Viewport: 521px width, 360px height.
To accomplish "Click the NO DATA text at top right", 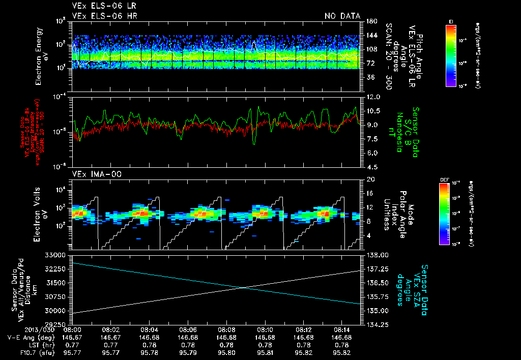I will (x=342, y=16).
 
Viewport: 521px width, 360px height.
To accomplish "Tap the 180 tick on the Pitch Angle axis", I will (x=370, y=21).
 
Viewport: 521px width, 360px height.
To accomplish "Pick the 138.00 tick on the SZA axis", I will (x=377, y=255).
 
